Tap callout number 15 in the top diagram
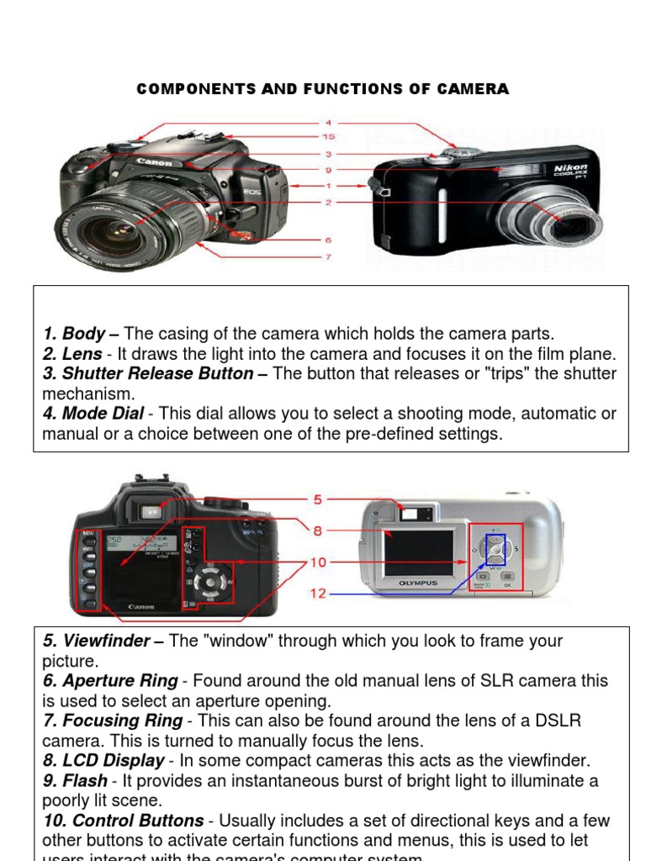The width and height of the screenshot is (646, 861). tap(328, 136)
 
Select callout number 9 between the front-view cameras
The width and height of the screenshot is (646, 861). tap(328, 170)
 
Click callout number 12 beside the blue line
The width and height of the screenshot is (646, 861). tap(318, 594)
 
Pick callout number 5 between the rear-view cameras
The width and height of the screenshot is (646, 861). tap(317, 499)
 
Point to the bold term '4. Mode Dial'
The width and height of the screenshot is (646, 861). tap(93, 414)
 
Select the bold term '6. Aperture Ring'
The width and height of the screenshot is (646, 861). tap(110, 680)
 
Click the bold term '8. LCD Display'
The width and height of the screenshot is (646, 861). tap(103, 760)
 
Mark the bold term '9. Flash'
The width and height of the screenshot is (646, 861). tap(75, 780)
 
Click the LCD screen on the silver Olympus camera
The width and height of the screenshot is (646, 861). tap(418, 552)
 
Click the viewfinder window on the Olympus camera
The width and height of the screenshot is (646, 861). tap(417, 511)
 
